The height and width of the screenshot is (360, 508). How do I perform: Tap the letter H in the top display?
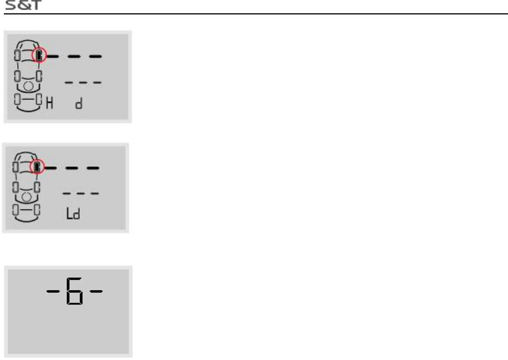(49, 103)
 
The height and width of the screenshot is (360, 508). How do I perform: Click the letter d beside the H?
(78, 104)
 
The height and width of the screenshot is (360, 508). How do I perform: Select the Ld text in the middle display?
(74, 213)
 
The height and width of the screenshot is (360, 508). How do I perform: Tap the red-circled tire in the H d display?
(39, 55)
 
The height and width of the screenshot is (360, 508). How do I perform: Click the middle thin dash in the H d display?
(83, 83)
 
